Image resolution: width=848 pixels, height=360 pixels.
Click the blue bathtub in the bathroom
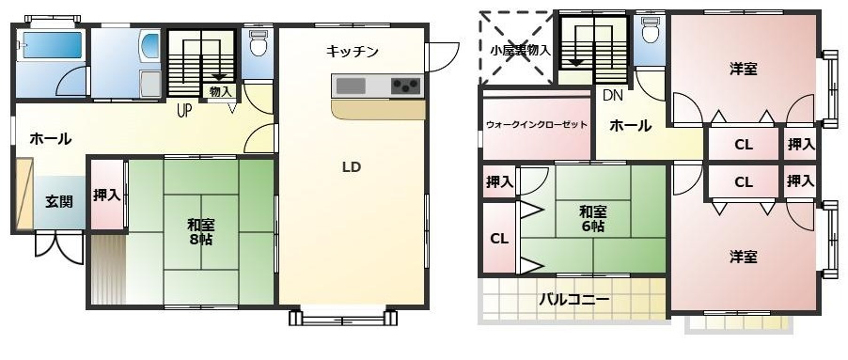click(x=53, y=45)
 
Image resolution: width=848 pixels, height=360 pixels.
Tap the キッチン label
click(x=353, y=52)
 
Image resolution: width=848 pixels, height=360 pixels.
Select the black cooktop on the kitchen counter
click(x=405, y=86)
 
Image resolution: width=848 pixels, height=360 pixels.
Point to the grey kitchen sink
click(x=351, y=86)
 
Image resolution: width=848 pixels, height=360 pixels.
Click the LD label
click(x=352, y=168)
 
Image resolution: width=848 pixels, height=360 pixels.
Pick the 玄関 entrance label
click(x=59, y=201)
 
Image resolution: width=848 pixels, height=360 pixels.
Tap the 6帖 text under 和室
click(x=591, y=227)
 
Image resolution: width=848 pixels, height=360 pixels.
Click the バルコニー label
click(x=573, y=300)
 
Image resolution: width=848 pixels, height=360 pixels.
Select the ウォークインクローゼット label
click(x=537, y=125)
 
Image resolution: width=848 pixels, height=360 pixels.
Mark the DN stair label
click(x=612, y=95)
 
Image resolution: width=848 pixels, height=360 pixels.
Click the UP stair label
click(x=186, y=107)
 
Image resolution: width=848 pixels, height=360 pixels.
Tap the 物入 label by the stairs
click(x=220, y=91)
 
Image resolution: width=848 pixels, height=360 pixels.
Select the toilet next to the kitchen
click(x=259, y=43)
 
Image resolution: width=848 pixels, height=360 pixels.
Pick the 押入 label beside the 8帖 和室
click(x=106, y=196)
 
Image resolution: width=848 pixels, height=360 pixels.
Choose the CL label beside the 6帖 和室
click(x=498, y=239)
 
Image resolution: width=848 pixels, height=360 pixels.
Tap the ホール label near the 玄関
click(x=51, y=139)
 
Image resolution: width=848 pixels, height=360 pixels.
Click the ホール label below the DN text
click(x=629, y=125)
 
